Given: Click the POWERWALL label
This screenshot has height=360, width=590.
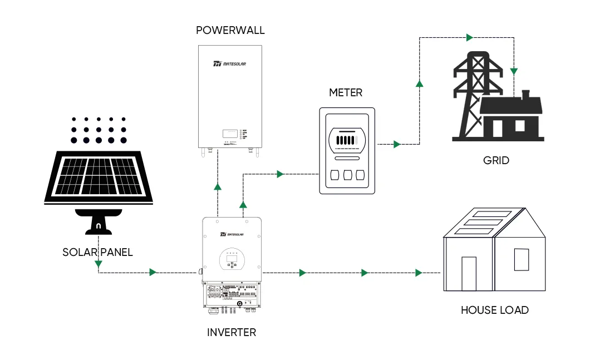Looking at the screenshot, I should click(x=230, y=30).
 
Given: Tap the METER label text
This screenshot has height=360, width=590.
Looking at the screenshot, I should click(x=346, y=92).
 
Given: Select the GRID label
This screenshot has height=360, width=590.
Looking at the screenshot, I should click(x=496, y=161).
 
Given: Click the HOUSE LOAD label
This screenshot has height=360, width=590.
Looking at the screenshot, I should click(x=494, y=310).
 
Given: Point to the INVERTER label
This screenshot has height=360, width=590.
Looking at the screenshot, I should click(x=232, y=333).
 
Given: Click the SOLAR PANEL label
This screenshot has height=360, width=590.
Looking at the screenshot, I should click(x=98, y=252).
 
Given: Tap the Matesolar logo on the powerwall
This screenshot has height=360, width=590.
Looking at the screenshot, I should click(x=230, y=64).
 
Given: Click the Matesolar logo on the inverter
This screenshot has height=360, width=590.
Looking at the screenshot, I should click(x=232, y=235).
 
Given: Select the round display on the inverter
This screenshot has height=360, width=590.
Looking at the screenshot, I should click(x=232, y=258).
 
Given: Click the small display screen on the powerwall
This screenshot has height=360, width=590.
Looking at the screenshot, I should click(x=229, y=134).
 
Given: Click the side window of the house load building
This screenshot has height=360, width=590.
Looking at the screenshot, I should click(x=521, y=260).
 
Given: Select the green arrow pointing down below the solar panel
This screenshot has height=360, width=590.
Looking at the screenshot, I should click(x=98, y=263).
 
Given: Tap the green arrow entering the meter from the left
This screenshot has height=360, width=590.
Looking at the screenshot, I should click(x=280, y=174).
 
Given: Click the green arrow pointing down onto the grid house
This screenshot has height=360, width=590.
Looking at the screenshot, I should click(x=514, y=71).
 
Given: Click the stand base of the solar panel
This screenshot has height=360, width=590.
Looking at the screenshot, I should click(x=99, y=222).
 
